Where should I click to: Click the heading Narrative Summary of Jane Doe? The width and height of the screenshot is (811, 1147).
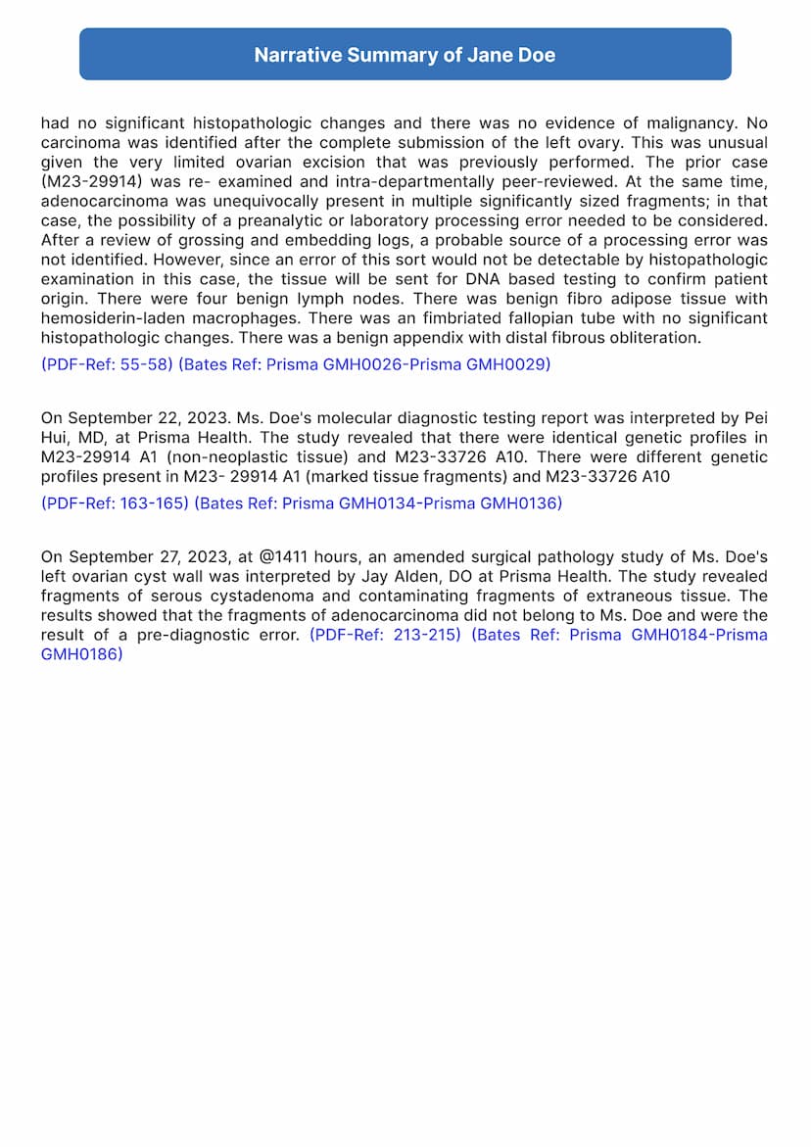(405, 55)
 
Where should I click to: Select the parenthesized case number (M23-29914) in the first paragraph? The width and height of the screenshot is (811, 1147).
(87, 182)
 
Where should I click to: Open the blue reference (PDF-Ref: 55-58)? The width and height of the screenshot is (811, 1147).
(107, 364)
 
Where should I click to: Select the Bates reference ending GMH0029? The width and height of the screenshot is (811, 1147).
(364, 364)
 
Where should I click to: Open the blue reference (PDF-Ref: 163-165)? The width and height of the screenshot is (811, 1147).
(115, 503)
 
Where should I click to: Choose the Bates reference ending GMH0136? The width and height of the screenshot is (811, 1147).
(378, 503)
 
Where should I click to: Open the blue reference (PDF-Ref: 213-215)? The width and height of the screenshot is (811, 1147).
(385, 635)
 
